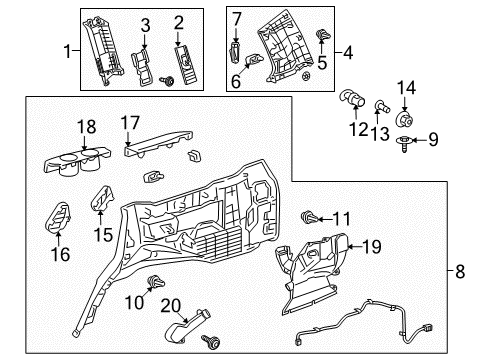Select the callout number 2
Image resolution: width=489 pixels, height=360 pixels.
tap(179, 23)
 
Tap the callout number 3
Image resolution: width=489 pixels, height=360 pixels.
tap(145, 24)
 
